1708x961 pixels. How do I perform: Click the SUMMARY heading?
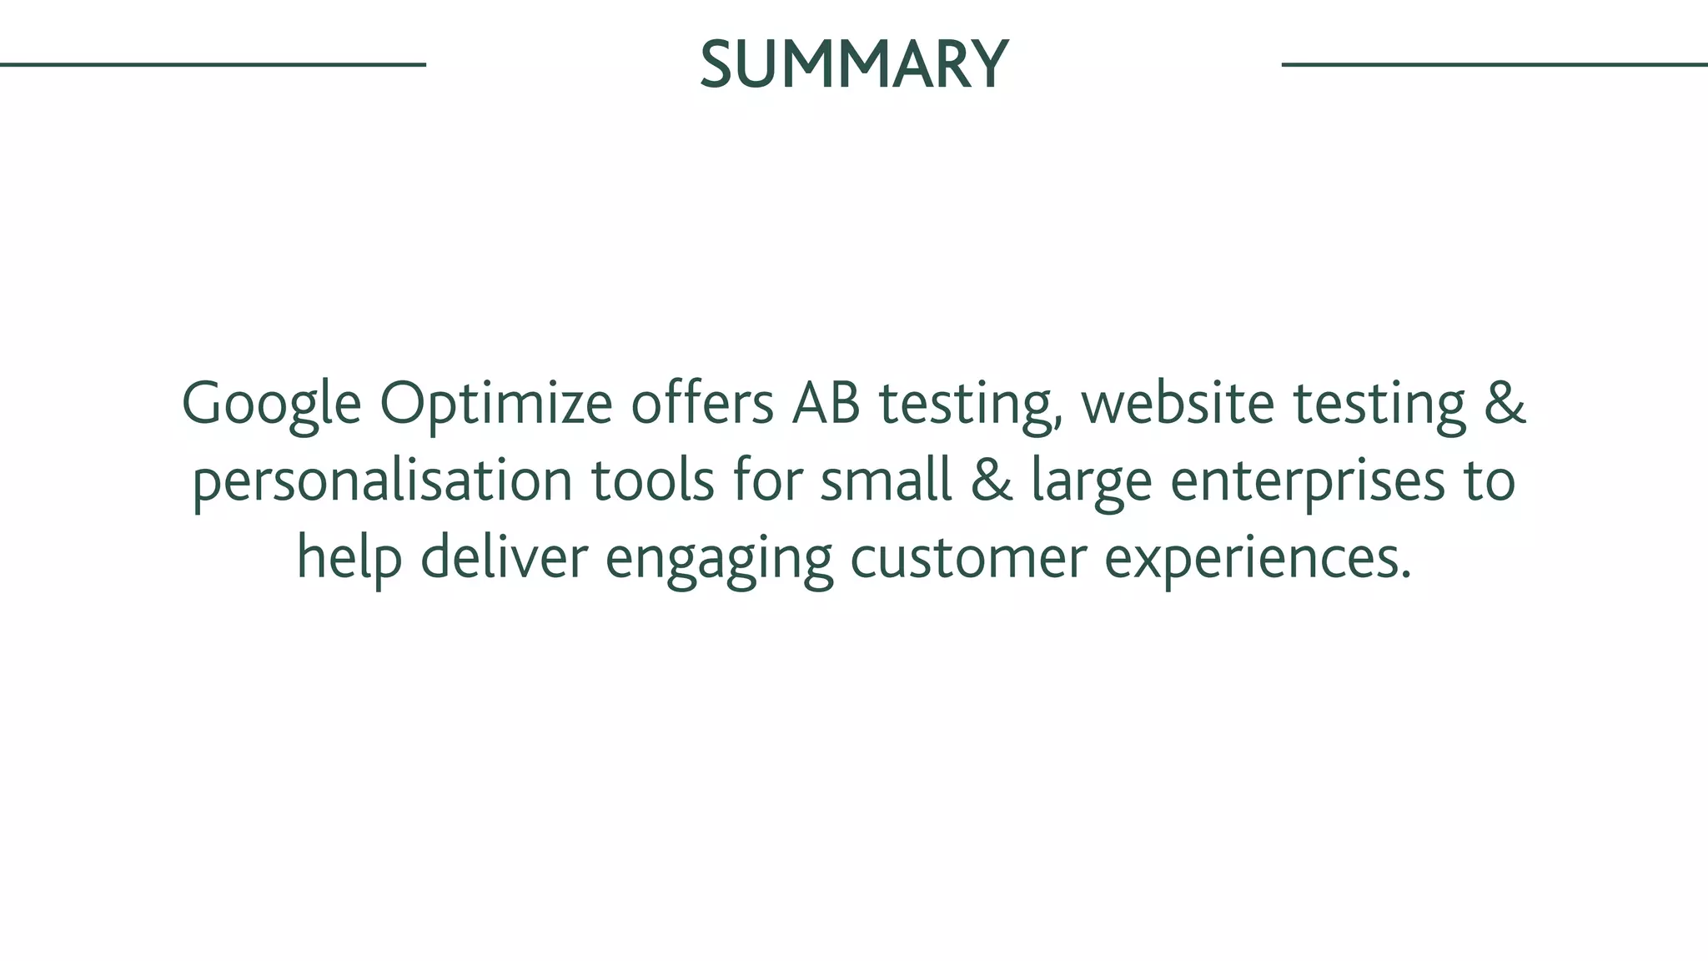pos(854,64)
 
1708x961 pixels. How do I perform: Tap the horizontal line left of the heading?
pos(213,64)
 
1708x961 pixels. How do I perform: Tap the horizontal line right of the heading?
pos(1494,64)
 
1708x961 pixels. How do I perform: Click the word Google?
pos(271,405)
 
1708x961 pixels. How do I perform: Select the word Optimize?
pos(496,405)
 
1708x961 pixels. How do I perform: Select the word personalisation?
pos(383,482)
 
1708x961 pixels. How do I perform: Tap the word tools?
pos(653,480)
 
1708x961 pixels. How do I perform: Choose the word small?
pos(886,480)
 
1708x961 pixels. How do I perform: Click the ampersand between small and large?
pos(992,481)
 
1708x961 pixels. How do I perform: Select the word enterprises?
pos(1308,482)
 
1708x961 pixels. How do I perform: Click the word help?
pos(349,559)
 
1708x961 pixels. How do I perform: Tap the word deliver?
pos(504,557)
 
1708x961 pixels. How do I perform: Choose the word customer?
pos(968,557)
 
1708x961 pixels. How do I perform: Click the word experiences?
pos(1257,559)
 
